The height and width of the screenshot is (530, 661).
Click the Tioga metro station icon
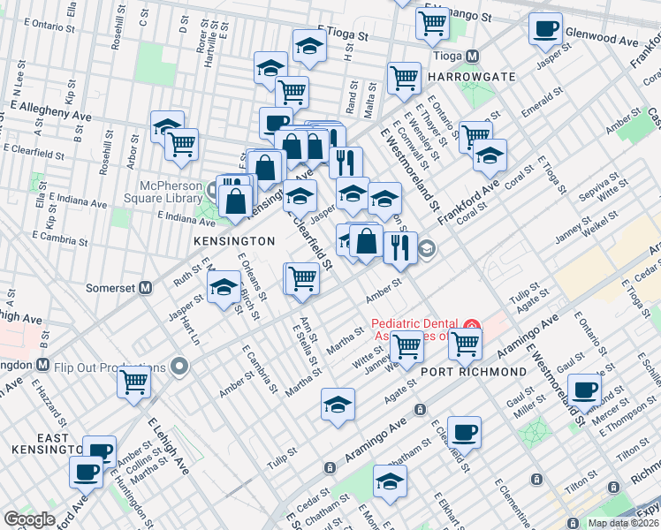pos(473,56)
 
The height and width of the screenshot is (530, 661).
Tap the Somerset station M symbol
pos(146,288)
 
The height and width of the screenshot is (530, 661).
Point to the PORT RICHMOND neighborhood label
pos(473,372)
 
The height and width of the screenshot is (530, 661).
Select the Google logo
pos(30,519)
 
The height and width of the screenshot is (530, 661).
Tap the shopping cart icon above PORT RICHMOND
pos(465,344)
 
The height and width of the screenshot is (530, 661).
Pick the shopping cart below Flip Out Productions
pos(134,382)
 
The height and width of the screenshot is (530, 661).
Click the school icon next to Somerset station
pos(224,286)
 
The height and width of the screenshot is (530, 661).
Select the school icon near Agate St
pos(338,405)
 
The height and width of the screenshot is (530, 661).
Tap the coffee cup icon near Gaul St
pos(584,389)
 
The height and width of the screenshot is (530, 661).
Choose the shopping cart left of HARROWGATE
pos(404,77)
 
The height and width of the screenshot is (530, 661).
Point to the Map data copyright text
pos(623,523)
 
